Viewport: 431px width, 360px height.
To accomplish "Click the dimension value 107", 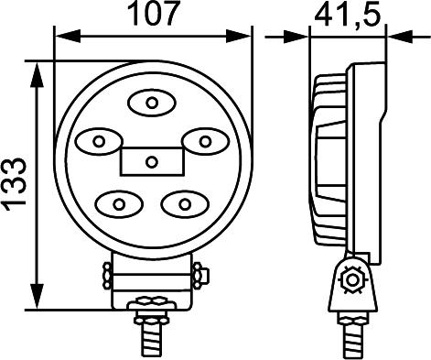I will pyautogui.click(x=151, y=16).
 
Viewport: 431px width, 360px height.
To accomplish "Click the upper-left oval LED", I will pyautogui.click(x=97, y=141).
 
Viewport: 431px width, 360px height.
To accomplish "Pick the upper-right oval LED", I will pyautogui.click(x=205, y=141).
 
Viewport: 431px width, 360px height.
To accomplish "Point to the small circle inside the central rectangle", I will pyautogui.click(x=152, y=162).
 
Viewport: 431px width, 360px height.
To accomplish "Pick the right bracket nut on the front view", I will pyautogui.click(x=199, y=274).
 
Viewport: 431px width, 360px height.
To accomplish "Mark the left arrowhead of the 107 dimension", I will pyautogui.click(x=60, y=37).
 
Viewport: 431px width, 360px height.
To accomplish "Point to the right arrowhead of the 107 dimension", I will pyautogui.click(x=244, y=37).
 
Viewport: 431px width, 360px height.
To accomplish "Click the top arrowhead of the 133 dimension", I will pyautogui.click(x=37, y=70).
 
